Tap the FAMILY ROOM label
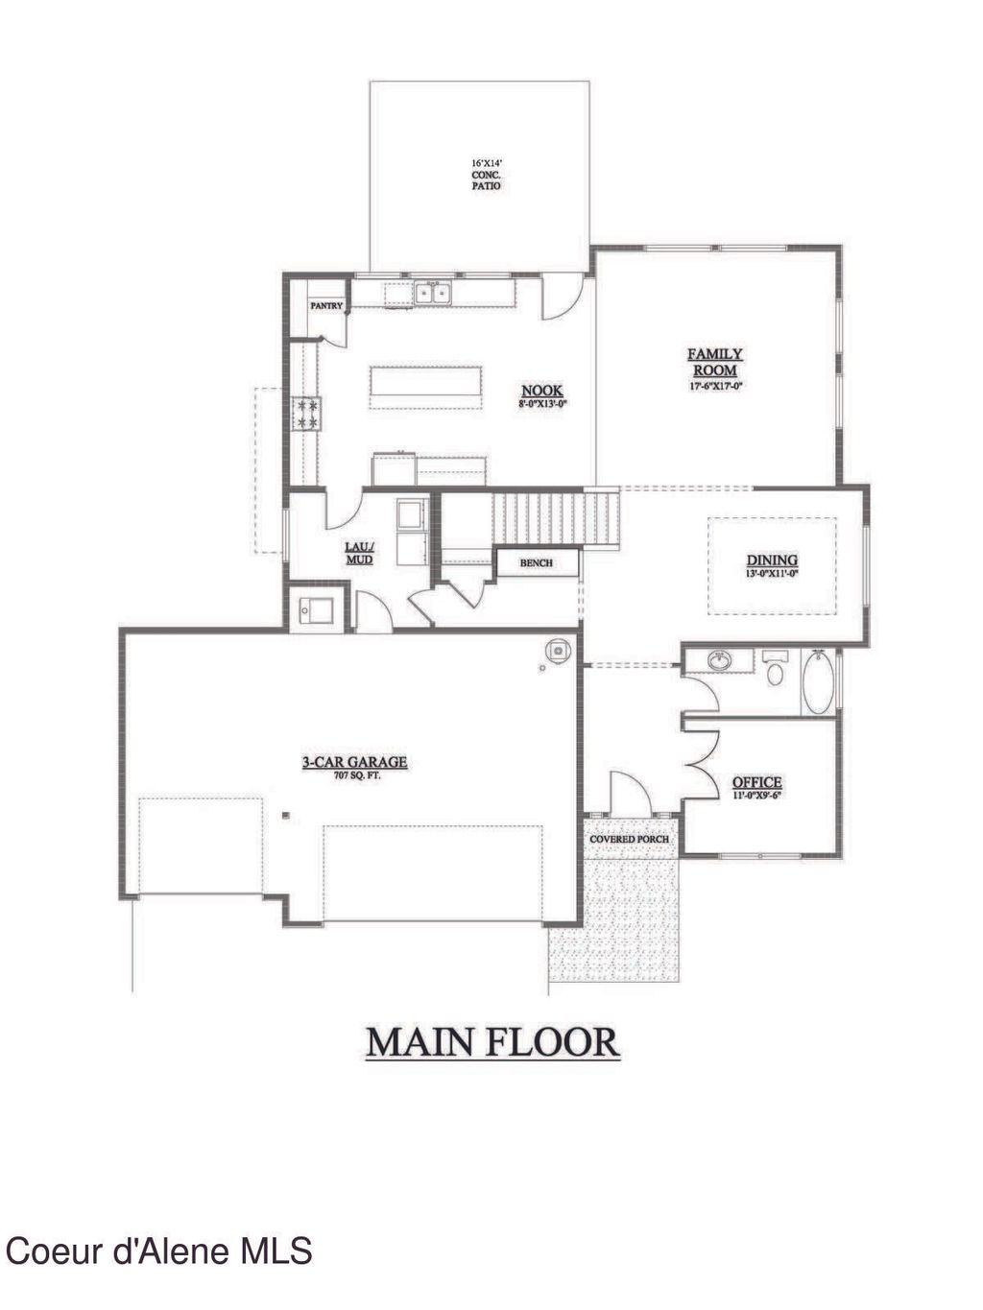click(715, 363)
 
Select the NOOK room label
click(542, 392)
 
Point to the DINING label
click(773, 561)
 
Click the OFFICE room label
click(757, 783)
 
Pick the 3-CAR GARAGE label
click(355, 763)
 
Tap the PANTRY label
click(326, 306)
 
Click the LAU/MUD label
click(359, 554)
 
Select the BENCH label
click(537, 563)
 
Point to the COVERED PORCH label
click(630, 840)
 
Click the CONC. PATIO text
click(486, 180)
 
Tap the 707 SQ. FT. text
click(356, 775)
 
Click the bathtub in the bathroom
click(818, 682)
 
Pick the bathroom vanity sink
click(719, 661)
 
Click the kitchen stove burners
click(307, 414)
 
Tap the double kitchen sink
click(434, 292)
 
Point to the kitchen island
click(425, 385)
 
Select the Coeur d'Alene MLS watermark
click(159, 1251)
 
